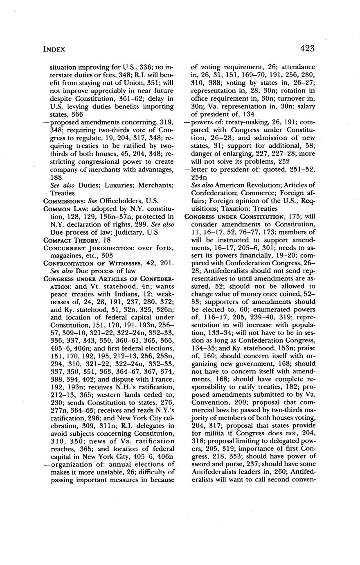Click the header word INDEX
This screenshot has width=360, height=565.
(54, 49)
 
